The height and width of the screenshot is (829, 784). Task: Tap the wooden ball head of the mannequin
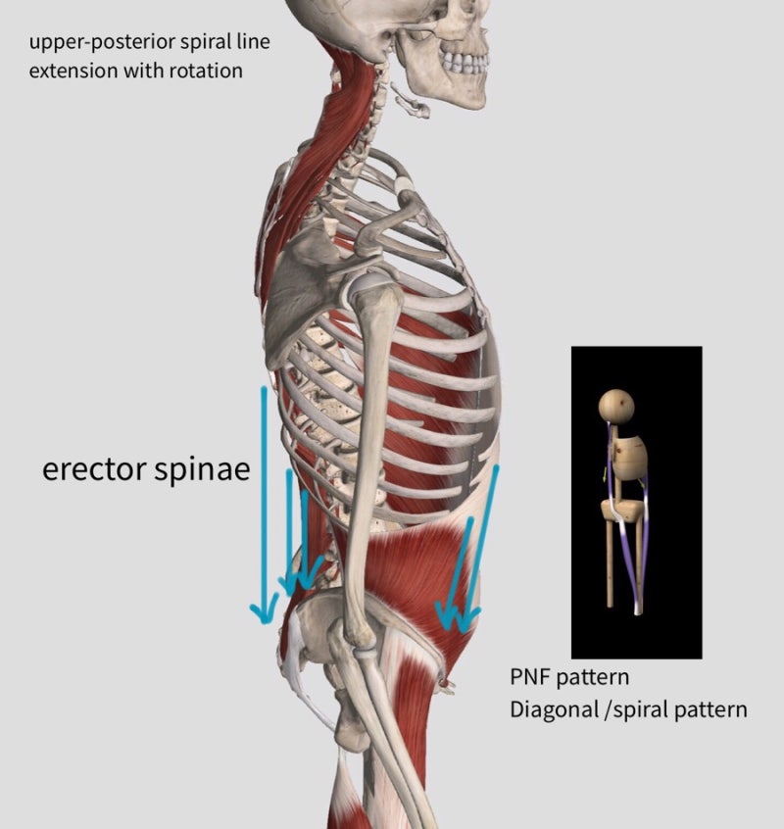(x=616, y=406)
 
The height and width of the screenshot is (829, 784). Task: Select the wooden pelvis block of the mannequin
(x=623, y=511)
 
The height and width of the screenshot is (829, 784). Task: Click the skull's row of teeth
(x=465, y=63)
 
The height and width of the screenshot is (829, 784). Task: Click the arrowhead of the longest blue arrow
(x=264, y=607)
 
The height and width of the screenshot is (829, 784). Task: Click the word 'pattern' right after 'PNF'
(x=593, y=678)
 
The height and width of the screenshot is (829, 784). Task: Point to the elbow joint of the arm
(x=360, y=643)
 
